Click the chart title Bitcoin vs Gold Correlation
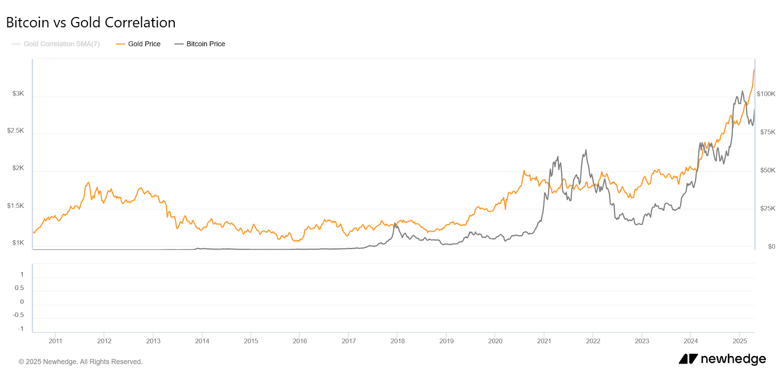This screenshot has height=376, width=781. click(x=91, y=22)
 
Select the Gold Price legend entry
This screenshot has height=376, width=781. click(x=139, y=44)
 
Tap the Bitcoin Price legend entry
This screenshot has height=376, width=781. click(x=200, y=44)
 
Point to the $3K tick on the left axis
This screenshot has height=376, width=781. click(x=18, y=93)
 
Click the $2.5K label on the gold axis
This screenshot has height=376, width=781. click(x=16, y=130)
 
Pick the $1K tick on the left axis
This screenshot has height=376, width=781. click(x=18, y=243)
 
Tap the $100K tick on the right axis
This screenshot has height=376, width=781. click(x=766, y=94)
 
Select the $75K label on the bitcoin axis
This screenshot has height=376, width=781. click(x=768, y=132)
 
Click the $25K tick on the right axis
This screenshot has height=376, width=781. click(x=768, y=209)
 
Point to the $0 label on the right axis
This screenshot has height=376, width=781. click(x=771, y=247)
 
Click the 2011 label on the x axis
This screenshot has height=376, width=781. click(x=55, y=341)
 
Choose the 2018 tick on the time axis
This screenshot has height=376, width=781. click(x=397, y=341)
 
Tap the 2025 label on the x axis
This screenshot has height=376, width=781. click(x=740, y=341)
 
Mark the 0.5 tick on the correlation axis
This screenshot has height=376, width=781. click(x=19, y=288)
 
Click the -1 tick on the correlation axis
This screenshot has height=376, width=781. click(x=21, y=329)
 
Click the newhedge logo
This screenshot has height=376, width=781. click(x=722, y=359)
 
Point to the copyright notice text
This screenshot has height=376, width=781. click(x=81, y=362)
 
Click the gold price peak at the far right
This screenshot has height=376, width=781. click(x=754, y=70)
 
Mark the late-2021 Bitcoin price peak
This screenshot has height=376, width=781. click(x=586, y=150)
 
